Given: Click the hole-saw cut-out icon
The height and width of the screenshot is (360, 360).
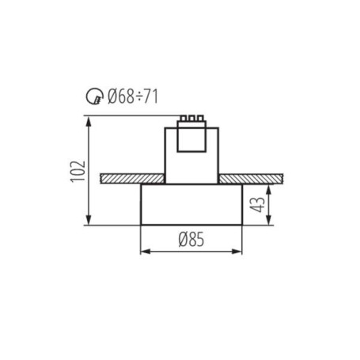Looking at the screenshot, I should pos(94,98).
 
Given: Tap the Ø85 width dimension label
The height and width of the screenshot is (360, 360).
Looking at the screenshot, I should pos(191,240).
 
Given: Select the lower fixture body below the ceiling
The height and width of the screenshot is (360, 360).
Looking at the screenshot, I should pos(191,204).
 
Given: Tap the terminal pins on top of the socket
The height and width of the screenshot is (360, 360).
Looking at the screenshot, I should pos(191,119).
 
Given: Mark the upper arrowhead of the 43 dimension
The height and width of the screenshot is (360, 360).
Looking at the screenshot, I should pos(268,188).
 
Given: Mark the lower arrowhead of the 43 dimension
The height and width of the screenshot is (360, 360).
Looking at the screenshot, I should pos(268,221).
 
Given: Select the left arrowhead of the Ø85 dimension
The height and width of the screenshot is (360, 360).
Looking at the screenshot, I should pos(144,252).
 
